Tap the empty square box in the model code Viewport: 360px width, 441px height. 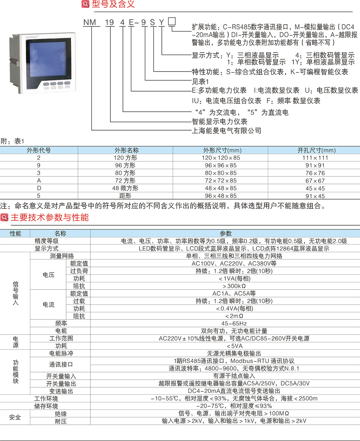(x=172, y=21)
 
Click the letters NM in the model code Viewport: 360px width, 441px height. (x=90, y=22)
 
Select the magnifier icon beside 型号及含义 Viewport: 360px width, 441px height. (x=85, y=4)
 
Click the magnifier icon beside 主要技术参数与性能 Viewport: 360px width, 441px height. (x=4, y=217)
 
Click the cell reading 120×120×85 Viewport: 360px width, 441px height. (x=220, y=158)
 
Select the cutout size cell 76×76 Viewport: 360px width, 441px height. (x=315, y=173)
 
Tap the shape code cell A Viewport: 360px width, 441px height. (x=39, y=181)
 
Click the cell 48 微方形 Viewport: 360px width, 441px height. (x=125, y=188)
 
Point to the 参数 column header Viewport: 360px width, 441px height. (x=226, y=234)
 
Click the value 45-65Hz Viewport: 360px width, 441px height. (x=234, y=323)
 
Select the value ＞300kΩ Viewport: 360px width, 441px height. (x=234, y=286)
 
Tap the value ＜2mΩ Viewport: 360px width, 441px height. (x=234, y=316)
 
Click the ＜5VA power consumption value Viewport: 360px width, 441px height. (x=234, y=346)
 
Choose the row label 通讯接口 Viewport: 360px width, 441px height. (x=61, y=365)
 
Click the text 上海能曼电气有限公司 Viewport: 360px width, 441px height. (x=227, y=131)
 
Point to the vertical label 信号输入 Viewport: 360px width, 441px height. (x=16, y=293)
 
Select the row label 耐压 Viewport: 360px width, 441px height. (x=61, y=421)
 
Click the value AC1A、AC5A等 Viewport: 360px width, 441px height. (x=234, y=294)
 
